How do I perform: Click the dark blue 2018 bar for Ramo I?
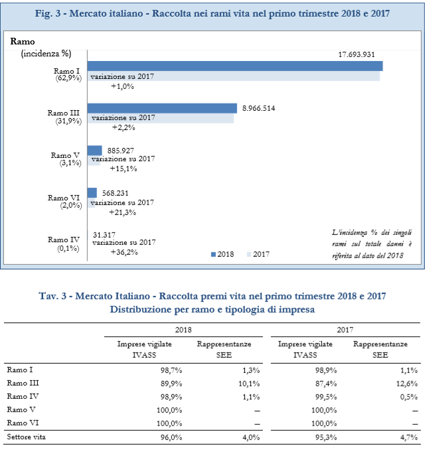point(235,66)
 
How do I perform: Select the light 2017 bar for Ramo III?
point(161,118)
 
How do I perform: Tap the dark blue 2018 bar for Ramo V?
point(95,151)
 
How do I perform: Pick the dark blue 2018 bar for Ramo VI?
point(92,193)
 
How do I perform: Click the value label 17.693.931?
point(357,54)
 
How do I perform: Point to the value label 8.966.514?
point(258,108)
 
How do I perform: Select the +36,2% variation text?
point(124,252)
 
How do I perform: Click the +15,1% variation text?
point(124,169)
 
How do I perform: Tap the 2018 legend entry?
point(222,254)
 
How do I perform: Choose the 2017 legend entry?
point(258,254)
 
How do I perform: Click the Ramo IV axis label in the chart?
point(64,240)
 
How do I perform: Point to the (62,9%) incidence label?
point(68,78)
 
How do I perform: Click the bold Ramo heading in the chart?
point(23,42)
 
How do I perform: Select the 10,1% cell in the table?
point(249,384)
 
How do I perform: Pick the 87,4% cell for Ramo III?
point(326,384)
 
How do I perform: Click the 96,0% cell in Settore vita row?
point(171,437)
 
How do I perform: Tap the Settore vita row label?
point(26,437)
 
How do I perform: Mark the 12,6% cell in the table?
point(407,384)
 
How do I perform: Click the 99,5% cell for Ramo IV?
point(326,397)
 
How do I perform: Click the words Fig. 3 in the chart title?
point(48,13)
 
